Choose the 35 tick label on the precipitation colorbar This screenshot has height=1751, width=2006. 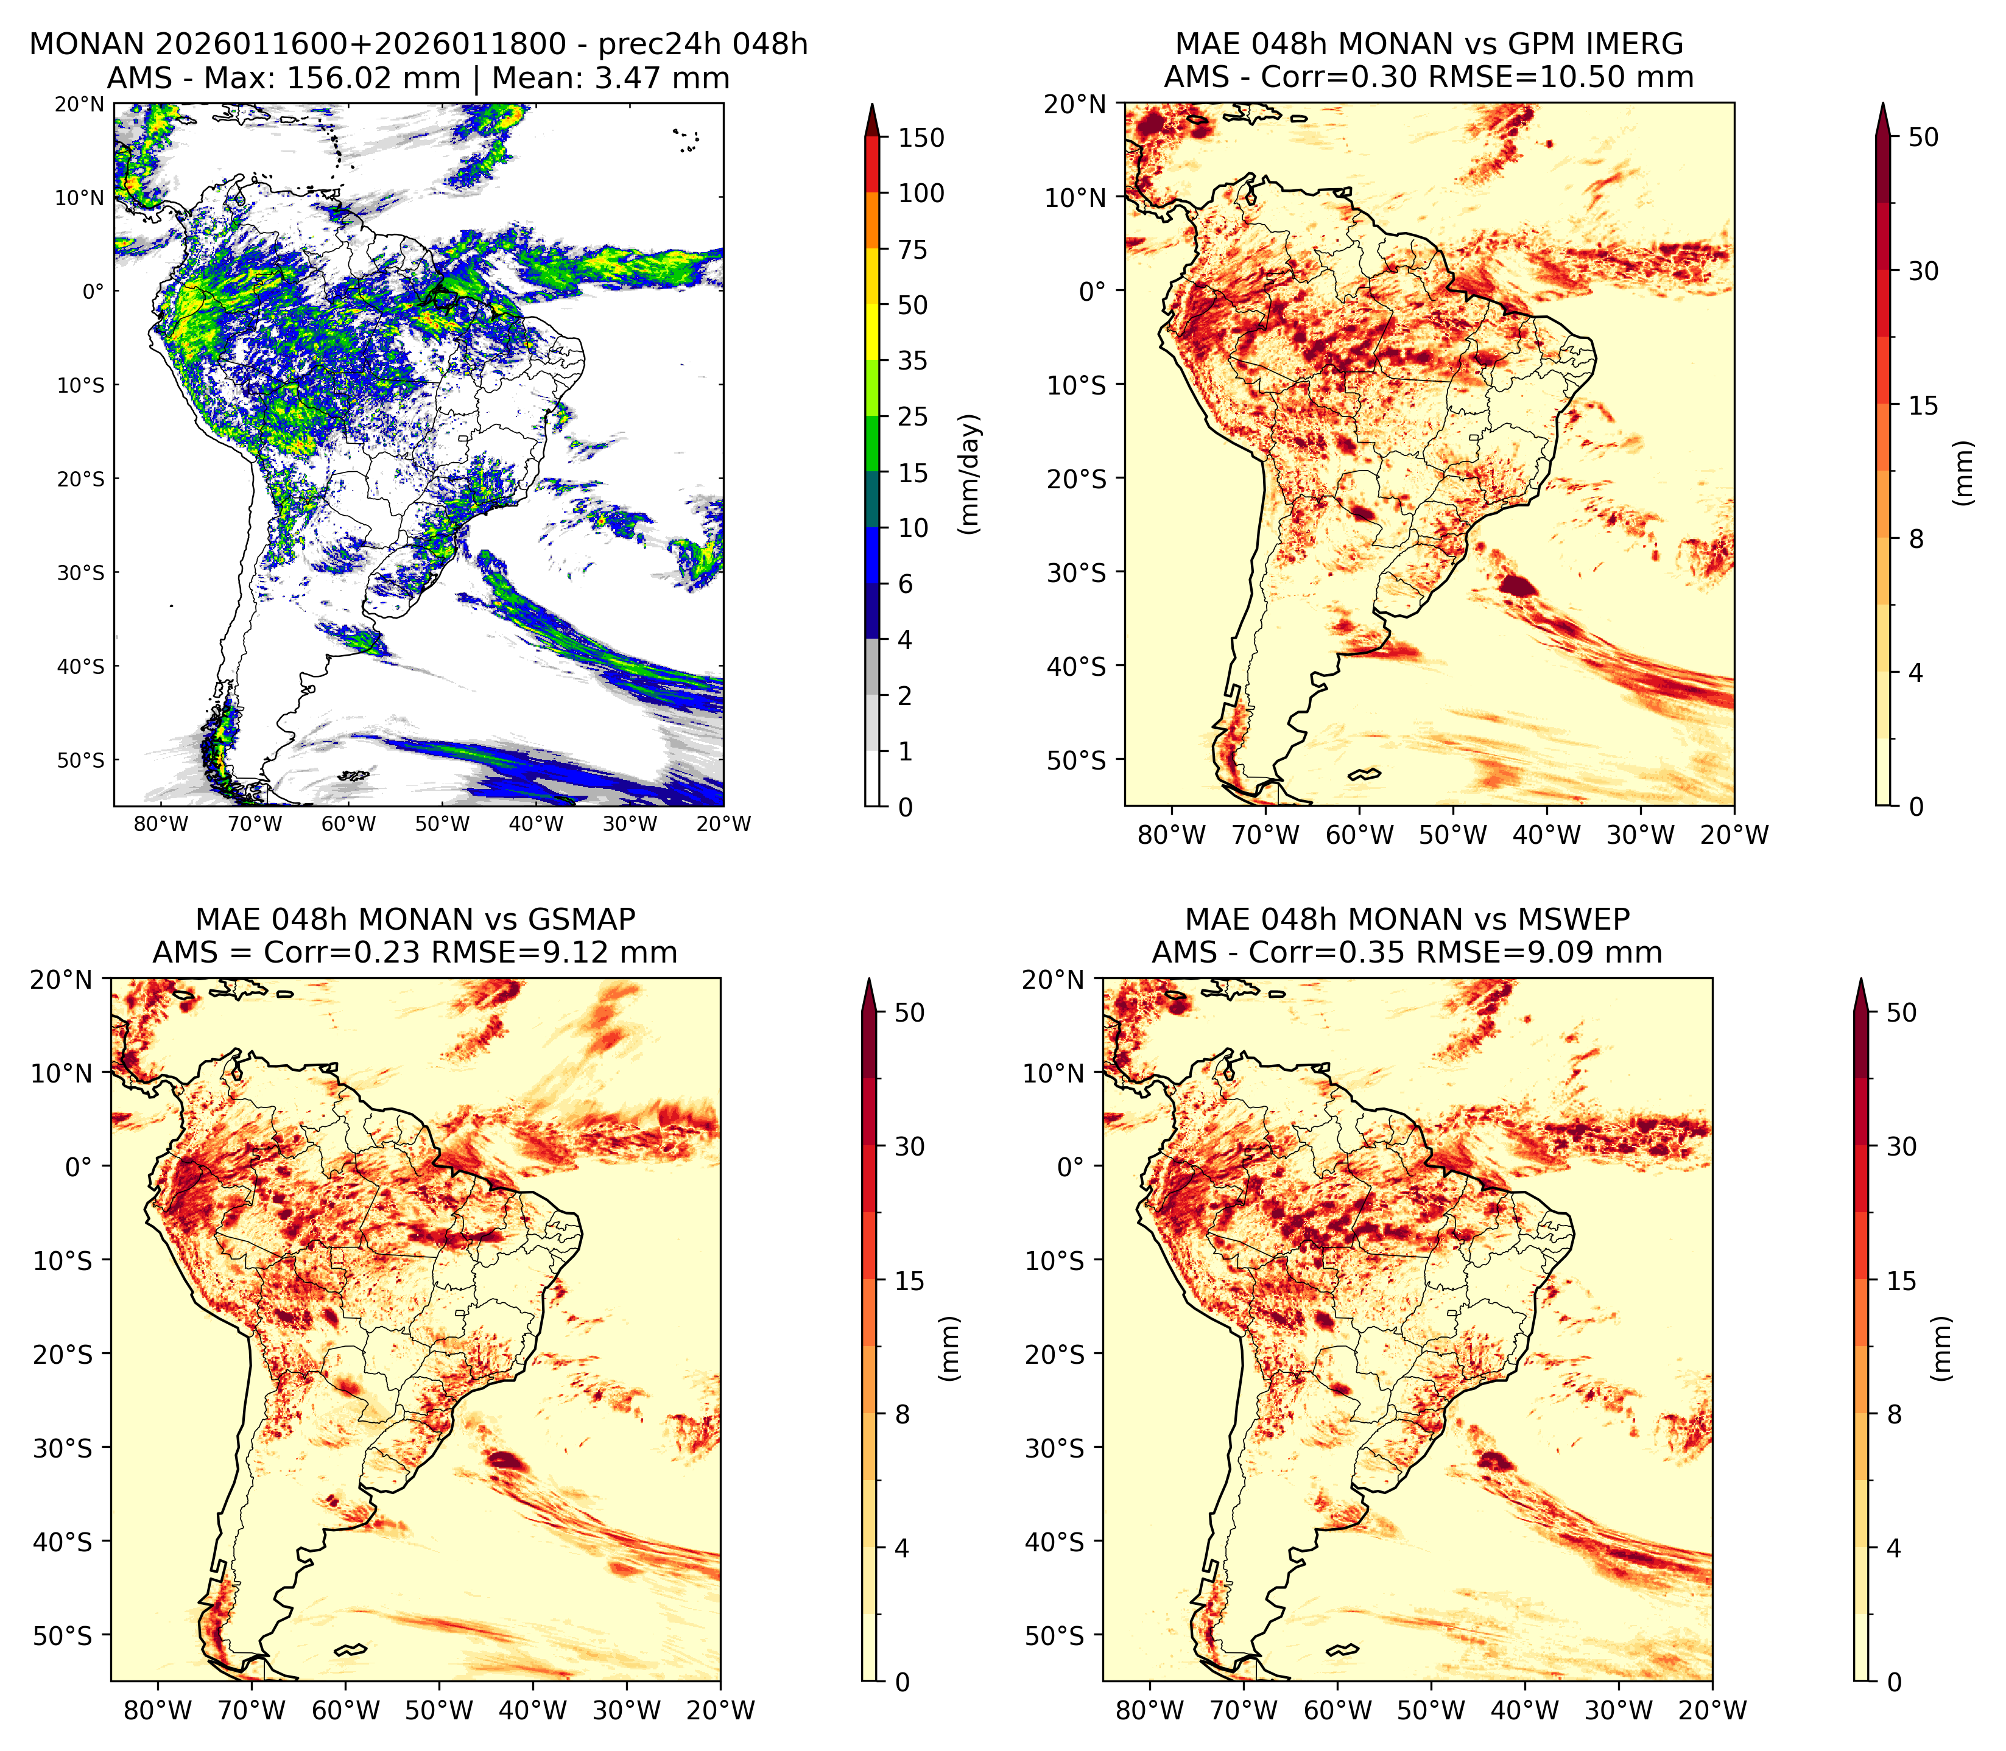913,360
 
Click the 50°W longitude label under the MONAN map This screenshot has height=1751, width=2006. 442,824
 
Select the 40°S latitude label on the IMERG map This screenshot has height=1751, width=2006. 1077,667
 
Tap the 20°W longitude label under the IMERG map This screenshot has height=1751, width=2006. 1734,835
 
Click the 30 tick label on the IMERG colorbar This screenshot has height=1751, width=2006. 1924,271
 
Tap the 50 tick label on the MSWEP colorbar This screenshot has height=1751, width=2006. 1901,1012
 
